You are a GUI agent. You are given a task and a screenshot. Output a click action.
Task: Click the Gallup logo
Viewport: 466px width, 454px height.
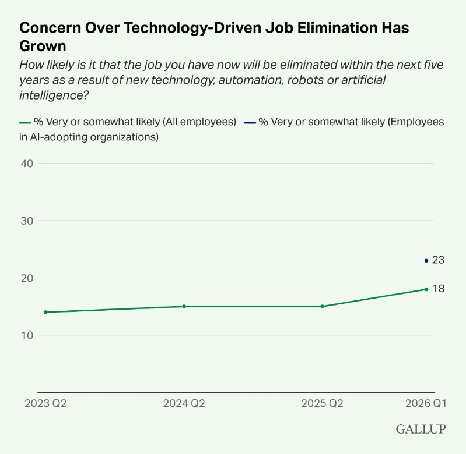tap(422, 429)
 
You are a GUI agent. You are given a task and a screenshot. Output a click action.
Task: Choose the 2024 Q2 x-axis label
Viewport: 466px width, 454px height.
tap(184, 403)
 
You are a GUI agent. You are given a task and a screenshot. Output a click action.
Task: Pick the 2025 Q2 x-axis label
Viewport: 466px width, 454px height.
tap(322, 403)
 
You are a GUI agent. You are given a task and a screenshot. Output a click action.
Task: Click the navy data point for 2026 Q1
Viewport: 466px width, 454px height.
tap(426, 261)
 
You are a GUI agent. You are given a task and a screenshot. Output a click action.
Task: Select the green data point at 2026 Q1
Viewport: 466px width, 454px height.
tap(426, 289)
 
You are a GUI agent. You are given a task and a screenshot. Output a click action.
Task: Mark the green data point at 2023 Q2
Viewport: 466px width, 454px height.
tap(45, 312)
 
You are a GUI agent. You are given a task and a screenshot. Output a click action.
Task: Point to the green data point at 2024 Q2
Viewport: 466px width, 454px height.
tap(184, 306)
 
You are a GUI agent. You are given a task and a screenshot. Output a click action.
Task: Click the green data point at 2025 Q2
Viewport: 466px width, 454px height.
tap(322, 306)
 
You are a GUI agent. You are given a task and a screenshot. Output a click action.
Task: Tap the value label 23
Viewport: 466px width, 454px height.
tap(439, 260)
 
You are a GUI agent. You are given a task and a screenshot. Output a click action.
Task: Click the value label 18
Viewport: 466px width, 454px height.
tap(439, 289)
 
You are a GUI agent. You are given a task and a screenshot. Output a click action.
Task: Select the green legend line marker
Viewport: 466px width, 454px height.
tap(25, 123)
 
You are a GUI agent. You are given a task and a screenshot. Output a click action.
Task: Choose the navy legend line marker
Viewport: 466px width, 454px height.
tap(250, 123)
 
